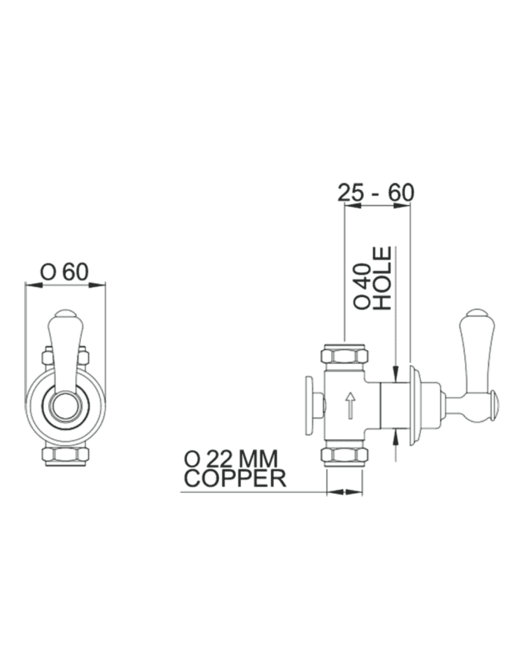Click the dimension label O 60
click(x=64, y=272)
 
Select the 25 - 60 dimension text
click(x=376, y=193)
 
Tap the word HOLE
click(x=382, y=278)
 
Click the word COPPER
click(x=235, y=479)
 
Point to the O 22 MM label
click(x=231, y=459)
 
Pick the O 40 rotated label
click(x=362, y=287)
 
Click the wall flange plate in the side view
click(x=416, y=404)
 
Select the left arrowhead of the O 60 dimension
click(x=33, y=285)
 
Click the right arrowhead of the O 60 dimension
click(x=98, y=285)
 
